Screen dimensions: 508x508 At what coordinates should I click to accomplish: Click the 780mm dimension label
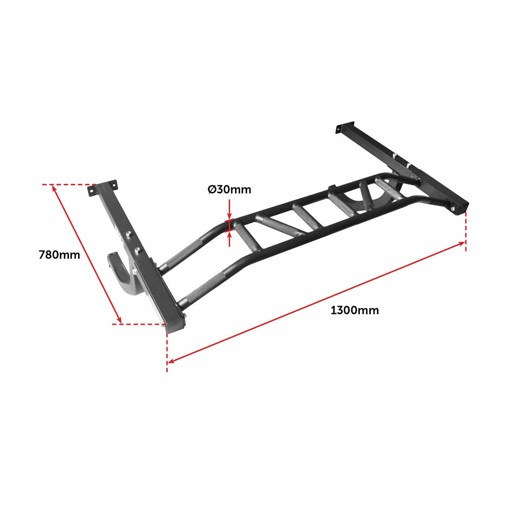pos(59,255)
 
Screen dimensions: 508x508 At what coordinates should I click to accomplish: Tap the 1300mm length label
pos(354,310)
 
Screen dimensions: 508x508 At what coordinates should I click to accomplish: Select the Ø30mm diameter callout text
pos(229,190)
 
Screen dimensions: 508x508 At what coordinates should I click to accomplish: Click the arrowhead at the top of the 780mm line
pos(54,189)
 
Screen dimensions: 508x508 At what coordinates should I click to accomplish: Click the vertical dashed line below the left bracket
pos(167,351)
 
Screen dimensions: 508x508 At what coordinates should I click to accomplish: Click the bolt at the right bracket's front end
pos(453,208)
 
